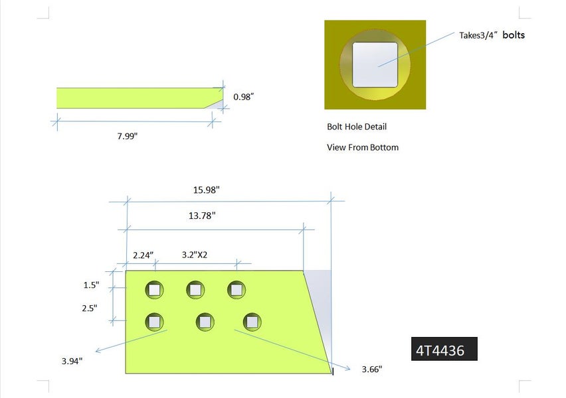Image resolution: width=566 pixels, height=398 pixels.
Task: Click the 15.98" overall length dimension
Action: coord(206,190)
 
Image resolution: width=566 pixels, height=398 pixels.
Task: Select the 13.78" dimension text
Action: coord(202,216)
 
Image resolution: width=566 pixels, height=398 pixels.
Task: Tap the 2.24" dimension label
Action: coord(143,255)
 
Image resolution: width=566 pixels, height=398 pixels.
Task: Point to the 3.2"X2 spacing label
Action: coord(195,255)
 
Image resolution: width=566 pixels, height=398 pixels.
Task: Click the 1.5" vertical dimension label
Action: coord(91,285)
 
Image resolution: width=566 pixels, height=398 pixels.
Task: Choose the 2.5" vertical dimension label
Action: coord(89,308)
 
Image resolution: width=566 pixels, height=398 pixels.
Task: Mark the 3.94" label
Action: coord(72,361)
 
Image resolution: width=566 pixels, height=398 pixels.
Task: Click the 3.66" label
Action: coord(372,369)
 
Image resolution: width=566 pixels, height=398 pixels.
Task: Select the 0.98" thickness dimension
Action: coord(243,97)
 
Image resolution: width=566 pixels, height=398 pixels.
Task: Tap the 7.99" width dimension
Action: coord(127,136)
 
